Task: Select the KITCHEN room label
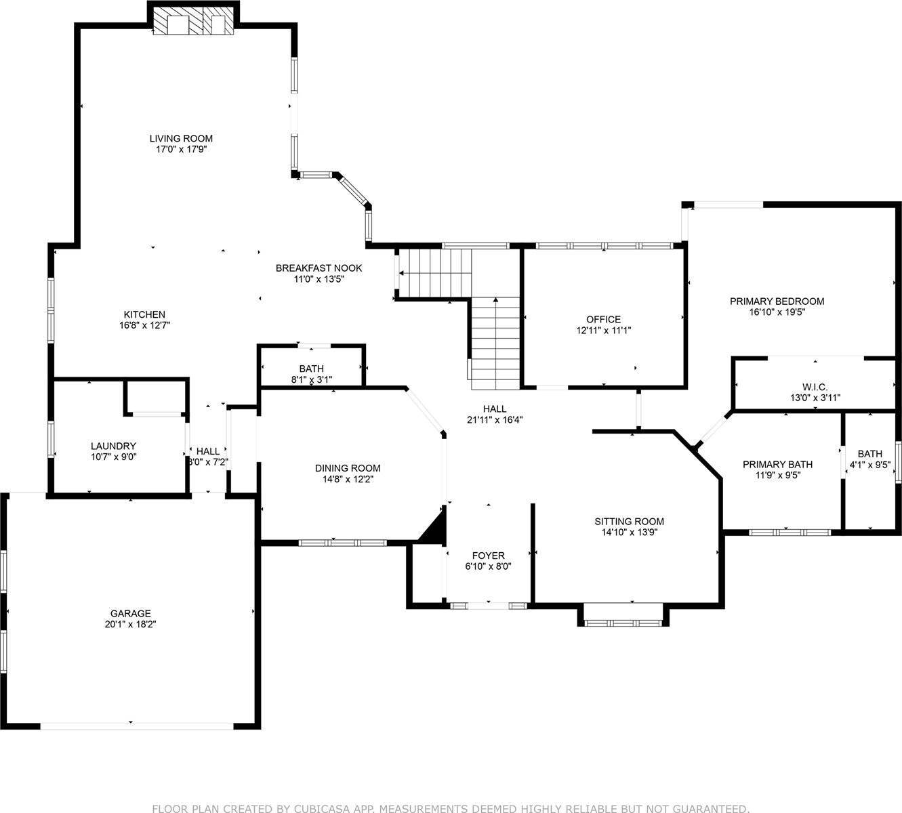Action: [144, 314]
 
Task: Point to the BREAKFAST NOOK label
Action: [319, 268]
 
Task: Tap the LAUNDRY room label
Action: [113, 446]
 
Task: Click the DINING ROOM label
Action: [348, 468]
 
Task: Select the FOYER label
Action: [488, 556]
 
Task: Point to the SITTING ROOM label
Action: [629, 521]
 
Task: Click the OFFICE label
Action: [603, 319]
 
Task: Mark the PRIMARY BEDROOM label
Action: [777, 301]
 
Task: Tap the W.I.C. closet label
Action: [814, 387]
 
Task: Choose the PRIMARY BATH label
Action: [777, 464]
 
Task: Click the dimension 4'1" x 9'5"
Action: [870, 465]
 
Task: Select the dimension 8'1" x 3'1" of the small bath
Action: [311, 380]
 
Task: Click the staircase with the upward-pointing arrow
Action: [495, 342]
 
